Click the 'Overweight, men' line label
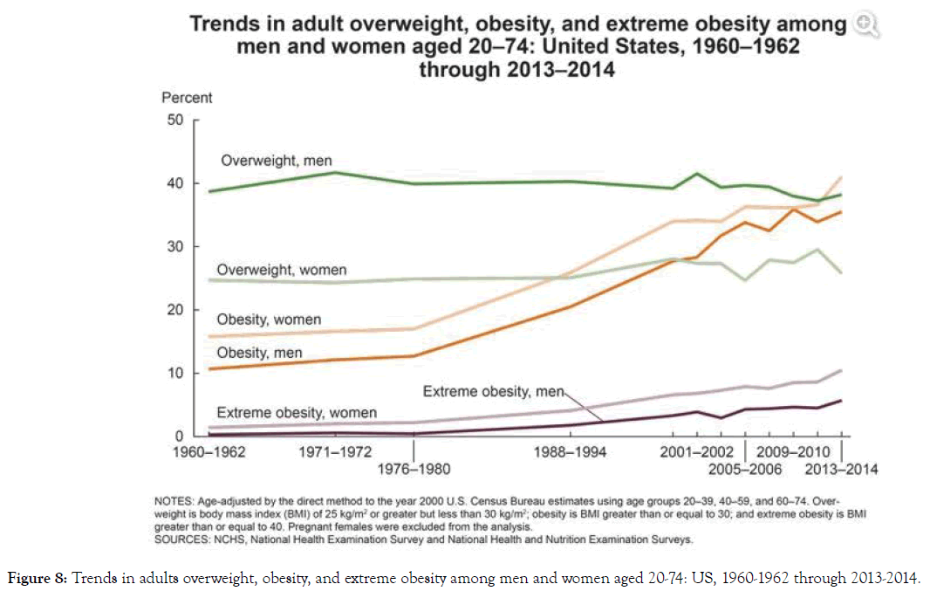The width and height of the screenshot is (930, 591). pos(276,161)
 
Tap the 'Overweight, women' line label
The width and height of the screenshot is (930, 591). pos(281,271)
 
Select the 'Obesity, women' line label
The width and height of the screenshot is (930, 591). pos(269,320)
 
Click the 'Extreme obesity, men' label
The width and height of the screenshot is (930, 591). pos(494,392)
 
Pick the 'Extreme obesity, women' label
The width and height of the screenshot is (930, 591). pos(296,412)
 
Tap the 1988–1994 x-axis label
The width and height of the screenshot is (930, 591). pos(570,452)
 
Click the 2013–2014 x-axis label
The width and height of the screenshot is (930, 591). pos(840,470)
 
